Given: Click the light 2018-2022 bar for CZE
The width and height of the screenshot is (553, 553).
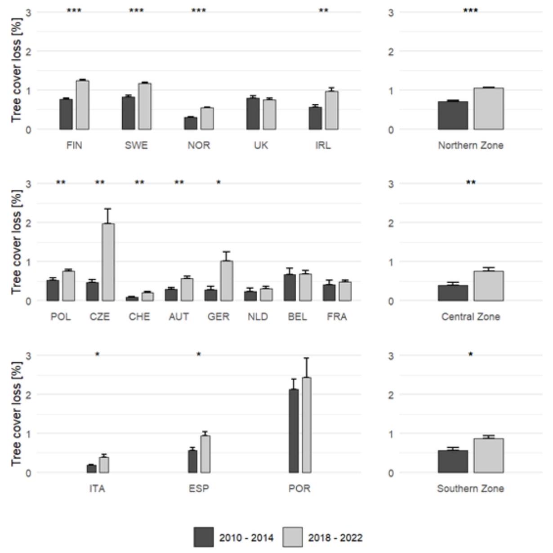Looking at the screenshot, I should point(108,262).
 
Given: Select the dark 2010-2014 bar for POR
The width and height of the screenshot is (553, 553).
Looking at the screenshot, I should point(294,431).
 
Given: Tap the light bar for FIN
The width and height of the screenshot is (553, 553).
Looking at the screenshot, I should point(82,105).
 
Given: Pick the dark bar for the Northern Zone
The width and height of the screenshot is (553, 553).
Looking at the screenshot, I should point(453,115).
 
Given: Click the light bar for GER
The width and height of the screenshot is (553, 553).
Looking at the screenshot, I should point(227,281).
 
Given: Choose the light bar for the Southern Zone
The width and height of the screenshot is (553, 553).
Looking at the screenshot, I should point(488,455).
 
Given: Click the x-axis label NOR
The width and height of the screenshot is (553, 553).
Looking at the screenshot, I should point(199,145).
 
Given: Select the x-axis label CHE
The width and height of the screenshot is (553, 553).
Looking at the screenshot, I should point(139,317).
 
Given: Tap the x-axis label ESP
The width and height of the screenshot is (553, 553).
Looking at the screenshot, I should point(199,488).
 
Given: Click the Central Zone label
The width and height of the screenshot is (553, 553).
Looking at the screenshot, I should point(470,317).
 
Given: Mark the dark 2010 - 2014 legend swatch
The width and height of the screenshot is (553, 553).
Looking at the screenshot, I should point(204,537).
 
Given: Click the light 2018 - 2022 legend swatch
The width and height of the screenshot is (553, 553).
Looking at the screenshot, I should point(293,537).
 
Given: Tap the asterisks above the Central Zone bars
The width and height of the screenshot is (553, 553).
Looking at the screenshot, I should point(470,183).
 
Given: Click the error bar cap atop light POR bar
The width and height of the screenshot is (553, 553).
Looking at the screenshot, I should point(306,358).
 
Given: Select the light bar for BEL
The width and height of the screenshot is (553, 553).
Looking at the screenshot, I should point(305,287).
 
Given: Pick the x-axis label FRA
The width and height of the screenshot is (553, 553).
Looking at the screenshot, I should point(337,317).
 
